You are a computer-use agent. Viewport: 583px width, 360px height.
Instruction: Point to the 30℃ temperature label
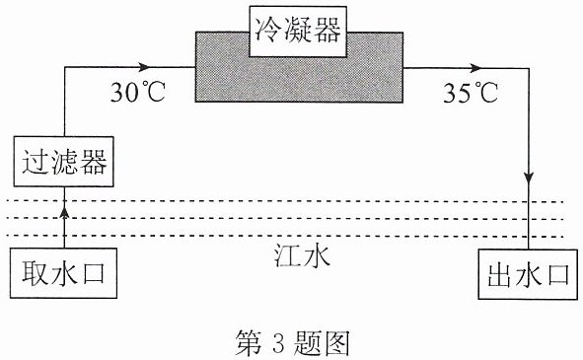(138, 93)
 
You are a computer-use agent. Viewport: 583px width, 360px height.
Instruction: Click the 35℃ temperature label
(471, 93)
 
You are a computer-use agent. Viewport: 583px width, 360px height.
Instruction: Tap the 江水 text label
(302, 256)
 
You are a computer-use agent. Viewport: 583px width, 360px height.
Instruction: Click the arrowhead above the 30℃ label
(143, 67)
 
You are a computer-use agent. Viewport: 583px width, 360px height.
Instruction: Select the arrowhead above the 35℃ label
(475, 68)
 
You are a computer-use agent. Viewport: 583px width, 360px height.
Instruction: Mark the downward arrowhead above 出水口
(529, 178)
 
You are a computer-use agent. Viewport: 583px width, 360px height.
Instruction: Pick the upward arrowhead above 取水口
(65, 213)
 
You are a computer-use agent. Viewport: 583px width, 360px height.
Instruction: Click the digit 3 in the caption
(278, 343)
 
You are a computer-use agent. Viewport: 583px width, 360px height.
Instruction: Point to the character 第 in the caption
(249, 343)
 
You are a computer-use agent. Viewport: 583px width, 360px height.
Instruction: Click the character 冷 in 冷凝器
(267, 31)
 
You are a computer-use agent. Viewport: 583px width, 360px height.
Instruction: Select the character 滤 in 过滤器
(64, 162)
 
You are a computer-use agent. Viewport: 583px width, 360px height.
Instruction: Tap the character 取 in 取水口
(35, 273)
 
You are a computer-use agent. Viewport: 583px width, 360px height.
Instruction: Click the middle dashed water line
(285, 218)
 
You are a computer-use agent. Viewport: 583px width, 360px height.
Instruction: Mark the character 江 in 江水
(287, 256)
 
